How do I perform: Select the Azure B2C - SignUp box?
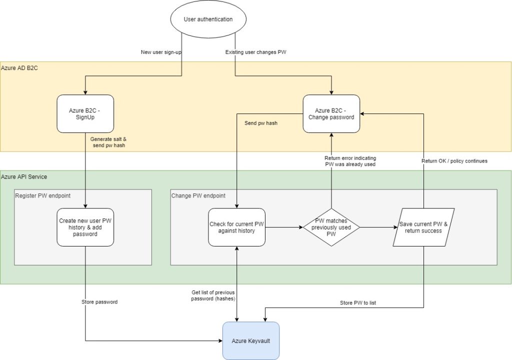point(85,113)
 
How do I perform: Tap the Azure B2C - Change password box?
point(331,113)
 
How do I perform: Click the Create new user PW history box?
point(85,227)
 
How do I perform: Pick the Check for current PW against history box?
point(236,227)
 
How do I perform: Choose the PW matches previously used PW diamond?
point(331,227)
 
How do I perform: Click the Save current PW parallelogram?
point(424,227)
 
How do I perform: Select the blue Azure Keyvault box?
point(250,341)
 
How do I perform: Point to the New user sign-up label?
point(160,52)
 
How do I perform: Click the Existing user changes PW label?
point(255,52)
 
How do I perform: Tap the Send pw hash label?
point(261,123)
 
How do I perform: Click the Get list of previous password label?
point(213,295)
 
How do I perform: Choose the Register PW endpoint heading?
point(42,196)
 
